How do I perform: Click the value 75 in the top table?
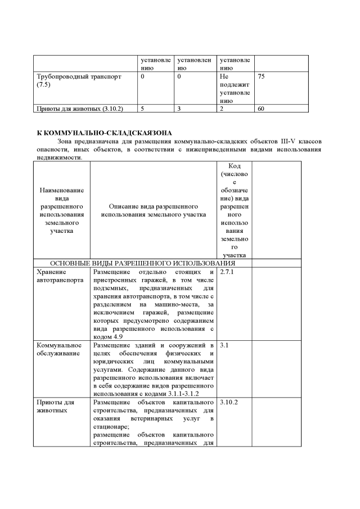tap(261, 76)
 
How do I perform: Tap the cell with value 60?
tap(261, 108)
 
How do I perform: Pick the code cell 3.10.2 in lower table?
tap(228, 402)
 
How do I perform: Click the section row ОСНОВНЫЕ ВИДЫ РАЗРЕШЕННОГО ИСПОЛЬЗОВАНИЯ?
tap(143, 263)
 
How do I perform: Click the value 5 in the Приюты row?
tap(143, 108)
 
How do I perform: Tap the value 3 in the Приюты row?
tap(178, 108)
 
